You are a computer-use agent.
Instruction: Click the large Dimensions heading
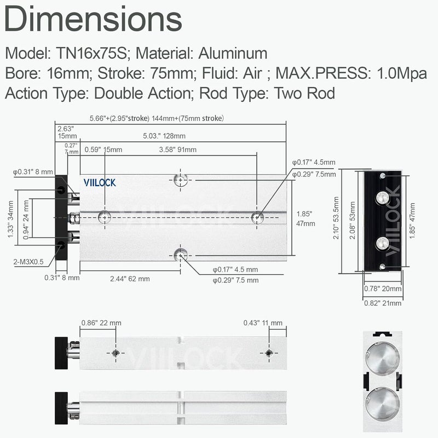[93, 19]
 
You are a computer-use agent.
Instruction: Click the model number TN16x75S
[91, 53]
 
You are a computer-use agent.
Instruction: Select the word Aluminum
[233, 53]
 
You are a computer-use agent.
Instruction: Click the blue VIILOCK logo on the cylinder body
[100, 183]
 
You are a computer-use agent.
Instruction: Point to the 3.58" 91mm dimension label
[177, 149]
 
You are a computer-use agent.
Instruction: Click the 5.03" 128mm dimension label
[164, 136]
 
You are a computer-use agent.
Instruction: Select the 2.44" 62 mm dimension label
[130, 279]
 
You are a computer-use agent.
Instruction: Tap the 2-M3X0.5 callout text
[28, 262]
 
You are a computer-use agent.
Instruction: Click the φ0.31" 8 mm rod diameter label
[33, 172]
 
